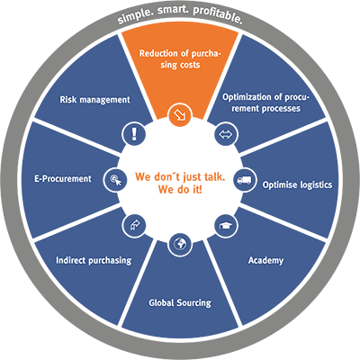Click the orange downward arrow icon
(180, 114)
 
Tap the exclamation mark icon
(134, 134)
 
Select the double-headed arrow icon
(226, 134)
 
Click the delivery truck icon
(244, 180)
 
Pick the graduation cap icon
(225, 226)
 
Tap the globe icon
(180, 245)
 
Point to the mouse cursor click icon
(115, 180)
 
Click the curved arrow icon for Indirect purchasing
(134, 225)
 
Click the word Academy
(265, 260)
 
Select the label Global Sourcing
(180, 302)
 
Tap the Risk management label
(94, 100)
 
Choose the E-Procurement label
(63, 179)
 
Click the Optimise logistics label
(297, 184)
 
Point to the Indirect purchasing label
(94, 260)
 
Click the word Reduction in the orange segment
(158, 54)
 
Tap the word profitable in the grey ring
(217, 15)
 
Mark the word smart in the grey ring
(173, 10)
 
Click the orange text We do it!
(180, 190)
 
